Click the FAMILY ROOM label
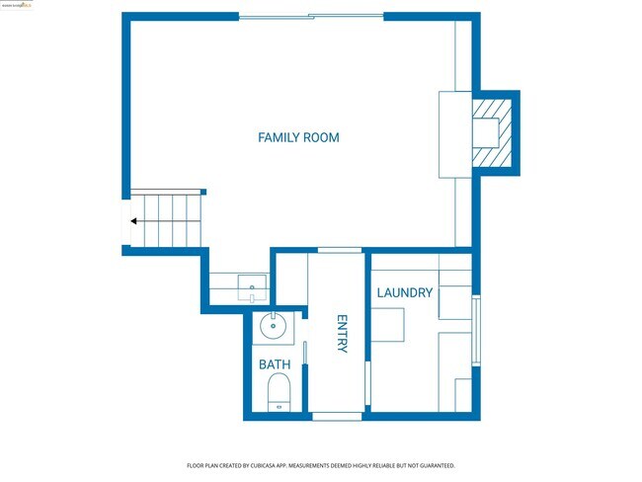coord(298,137)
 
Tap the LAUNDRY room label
coord(404,292)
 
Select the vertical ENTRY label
coord(342,334)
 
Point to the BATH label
coord(275,364)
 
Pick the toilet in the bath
coord(278,392)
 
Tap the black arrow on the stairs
coord(133,221)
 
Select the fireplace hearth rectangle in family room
coord(454,134)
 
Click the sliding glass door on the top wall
coord(311,16)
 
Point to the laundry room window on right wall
coord(476,331)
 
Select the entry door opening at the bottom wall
coord(337,416)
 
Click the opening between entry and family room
coord(339,250)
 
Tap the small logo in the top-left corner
coord(17,5)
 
